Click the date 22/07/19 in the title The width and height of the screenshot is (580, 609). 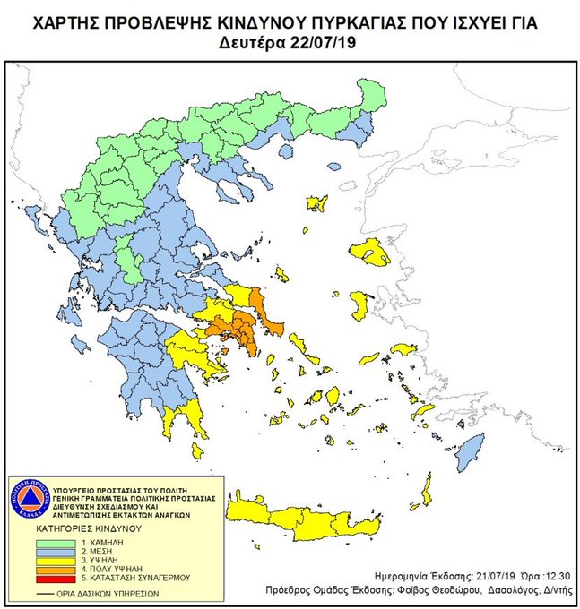328,42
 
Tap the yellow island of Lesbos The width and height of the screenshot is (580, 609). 369,253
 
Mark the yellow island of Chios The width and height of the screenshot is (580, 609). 359,305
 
